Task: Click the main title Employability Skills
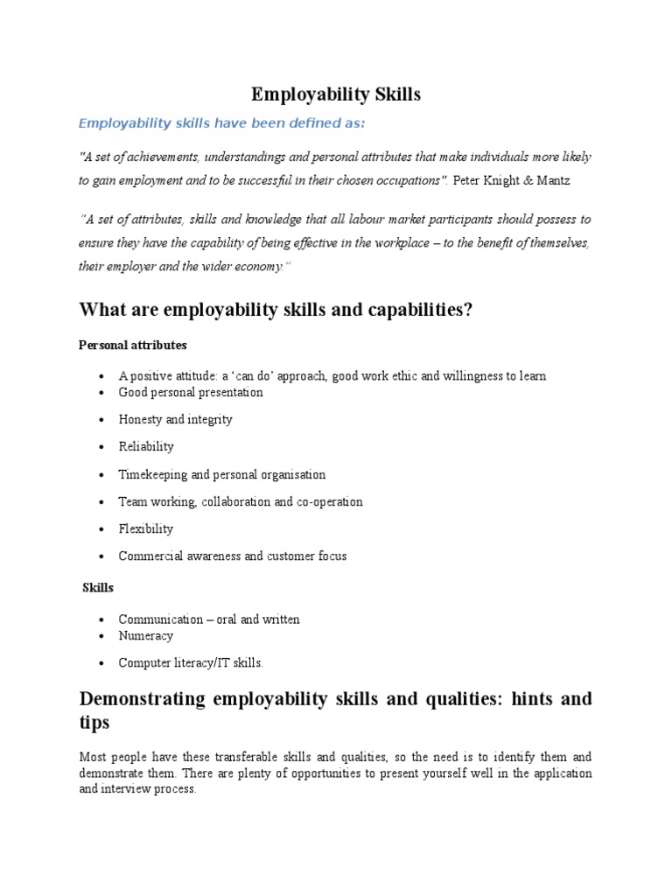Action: click(336, 94)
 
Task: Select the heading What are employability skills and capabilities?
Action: click(276, 309)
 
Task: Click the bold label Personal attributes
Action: click(132, 345)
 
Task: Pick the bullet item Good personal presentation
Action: click(191, 392)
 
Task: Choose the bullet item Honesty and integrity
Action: click(175, 419)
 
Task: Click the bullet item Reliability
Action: click(146, 446)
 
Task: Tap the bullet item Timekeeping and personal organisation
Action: click(221, 474)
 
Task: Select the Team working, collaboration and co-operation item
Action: click(240, 501)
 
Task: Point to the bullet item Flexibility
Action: click(145, 528)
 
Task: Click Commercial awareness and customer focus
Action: click(232, 556)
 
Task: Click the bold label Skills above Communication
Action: click(98, 587)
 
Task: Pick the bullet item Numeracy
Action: click(145, 635)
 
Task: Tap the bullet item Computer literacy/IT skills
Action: click(191, 662)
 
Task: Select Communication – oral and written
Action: click(209, 619)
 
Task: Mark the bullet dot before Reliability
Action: click(102, 447)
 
